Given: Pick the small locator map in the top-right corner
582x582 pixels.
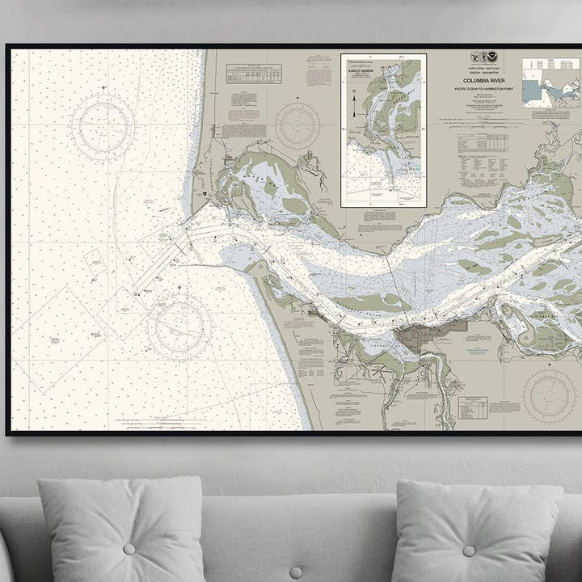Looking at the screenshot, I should pyautogui.click(x=550, y=82).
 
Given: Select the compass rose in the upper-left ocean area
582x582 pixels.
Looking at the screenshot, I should pyautogui.click(x=102, y=127).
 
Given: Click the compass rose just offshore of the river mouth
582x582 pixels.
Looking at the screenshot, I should pyautogui.click(x=179, y=327).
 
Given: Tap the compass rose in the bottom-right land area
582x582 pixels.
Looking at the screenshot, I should pyautogui.click(x=549, y=396).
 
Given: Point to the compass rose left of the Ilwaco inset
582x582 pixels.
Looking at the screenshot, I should pyautogui.click(x=297, y=125).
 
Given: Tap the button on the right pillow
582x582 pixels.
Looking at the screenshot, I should pyautogui.click(x=470, y=550).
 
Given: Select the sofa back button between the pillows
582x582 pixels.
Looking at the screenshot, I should pyautogui.click(x=296, y=572).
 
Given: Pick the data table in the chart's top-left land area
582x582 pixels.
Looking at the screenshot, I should pyautogui.click(x=254, y=74).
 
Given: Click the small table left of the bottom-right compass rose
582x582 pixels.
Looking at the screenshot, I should pyautogui.click(x=473, y=407).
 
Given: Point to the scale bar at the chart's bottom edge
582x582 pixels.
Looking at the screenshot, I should pyautogui.click(x=162, y=422).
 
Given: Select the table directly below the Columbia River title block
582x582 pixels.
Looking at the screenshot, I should pyautogui.click(x=483, y=143).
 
